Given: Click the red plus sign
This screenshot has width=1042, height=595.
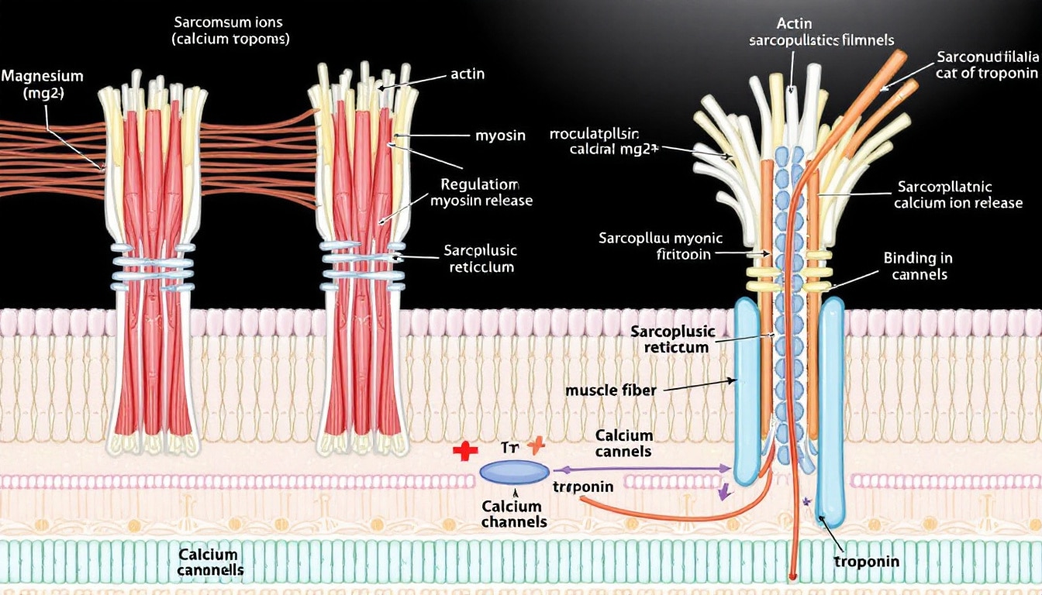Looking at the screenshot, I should (x=464, y=451).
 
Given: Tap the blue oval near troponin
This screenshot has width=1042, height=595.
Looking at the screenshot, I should (x=515, y=472).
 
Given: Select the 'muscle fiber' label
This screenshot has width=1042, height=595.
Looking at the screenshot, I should (x=612, y=390).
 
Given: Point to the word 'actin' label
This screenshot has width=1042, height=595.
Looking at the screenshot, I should (x=468, y=74).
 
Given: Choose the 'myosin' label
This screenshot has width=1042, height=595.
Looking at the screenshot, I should (x=500, y=136).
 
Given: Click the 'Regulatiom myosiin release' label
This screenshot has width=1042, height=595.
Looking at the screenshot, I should (x=481, y=193).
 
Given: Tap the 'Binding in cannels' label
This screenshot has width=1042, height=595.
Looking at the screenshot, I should (x=918, y=266).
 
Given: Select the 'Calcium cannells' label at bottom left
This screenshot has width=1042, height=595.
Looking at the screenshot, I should (x=209, y=562).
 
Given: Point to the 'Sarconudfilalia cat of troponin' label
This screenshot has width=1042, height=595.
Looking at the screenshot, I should (x=986, y=65).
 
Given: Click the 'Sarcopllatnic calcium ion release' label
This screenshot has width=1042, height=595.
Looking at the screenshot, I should (x=957, y=194).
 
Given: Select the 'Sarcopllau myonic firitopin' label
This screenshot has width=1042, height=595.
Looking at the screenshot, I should (x=660, y=246).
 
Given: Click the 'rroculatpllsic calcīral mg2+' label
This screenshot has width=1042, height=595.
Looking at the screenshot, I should (x=605, y=141).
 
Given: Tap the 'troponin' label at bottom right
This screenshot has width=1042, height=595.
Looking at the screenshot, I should (x=866, y=561).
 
